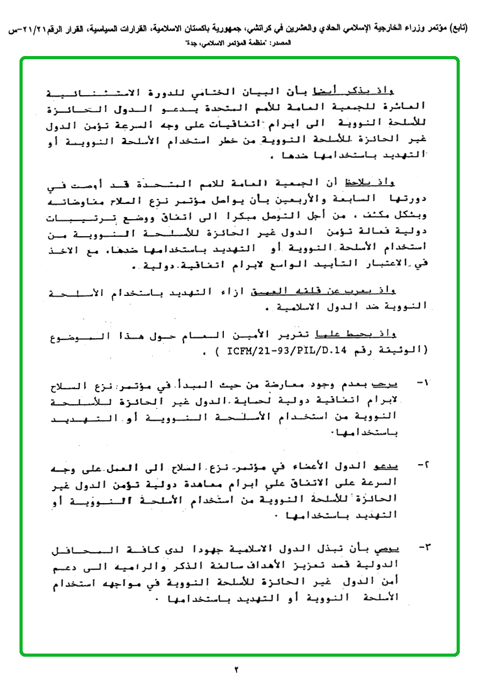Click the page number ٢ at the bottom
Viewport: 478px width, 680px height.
pos(238,669)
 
